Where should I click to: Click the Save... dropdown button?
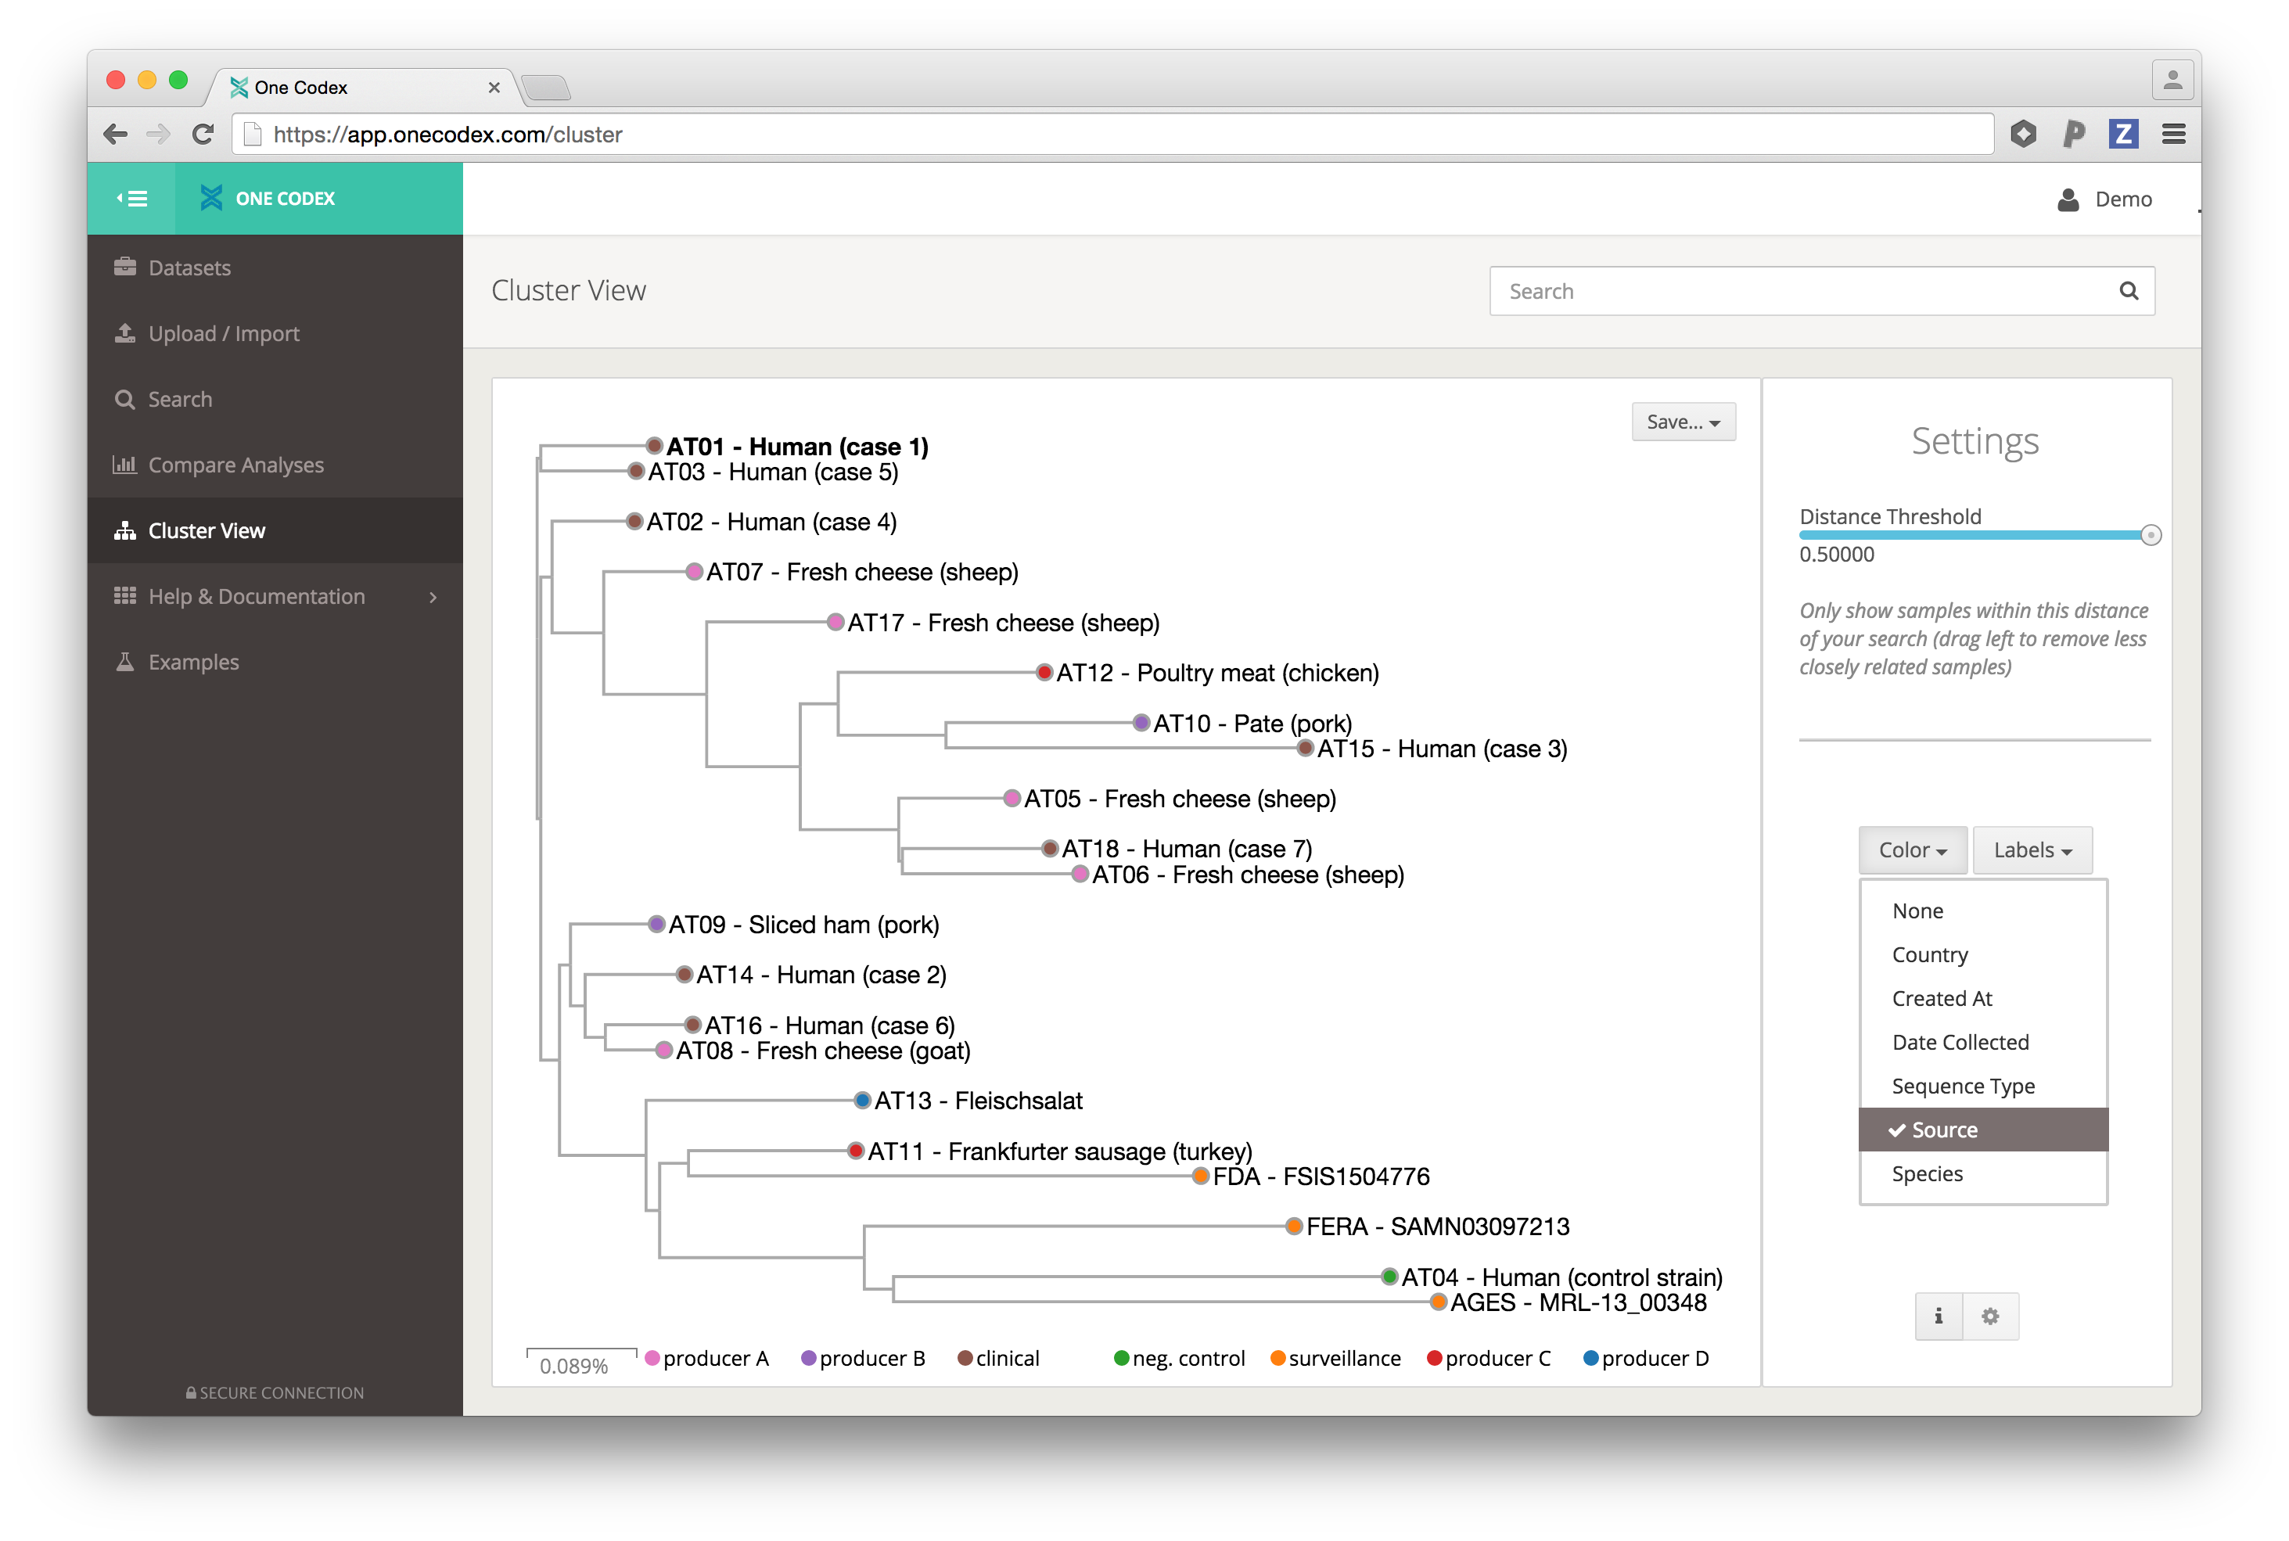click(1683, 422)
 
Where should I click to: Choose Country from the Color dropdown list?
click(1929, 954)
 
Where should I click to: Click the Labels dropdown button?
click(2032, 850)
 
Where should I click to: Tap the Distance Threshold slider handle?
click(2151, 536)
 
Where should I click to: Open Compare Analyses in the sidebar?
click(236, 465)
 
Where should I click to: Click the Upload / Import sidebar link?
click(224, 333)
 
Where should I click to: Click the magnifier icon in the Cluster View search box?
click(2128, 291)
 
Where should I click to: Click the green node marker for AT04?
click(1389, 1277)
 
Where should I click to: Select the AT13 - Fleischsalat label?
click(978, 1101)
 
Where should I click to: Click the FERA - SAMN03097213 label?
click(1437, 1227)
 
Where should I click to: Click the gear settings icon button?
click(1990, 1316)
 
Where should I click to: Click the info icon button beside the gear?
click(1938, 1316)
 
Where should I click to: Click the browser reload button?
click(203, 134)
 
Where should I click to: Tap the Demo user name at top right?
click(2123, 199)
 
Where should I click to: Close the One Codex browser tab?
click(494, 88)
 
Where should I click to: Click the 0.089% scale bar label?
click(574, 1366)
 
